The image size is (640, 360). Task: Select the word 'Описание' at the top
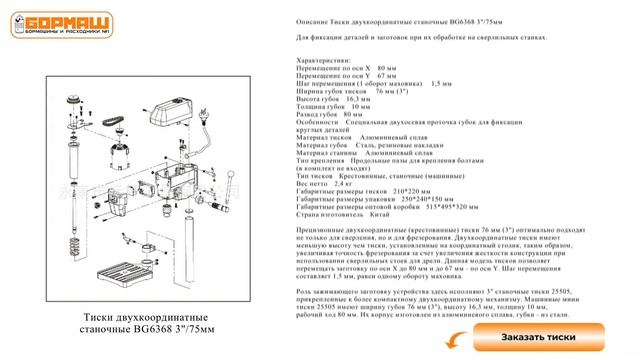[x=319, y=21]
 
